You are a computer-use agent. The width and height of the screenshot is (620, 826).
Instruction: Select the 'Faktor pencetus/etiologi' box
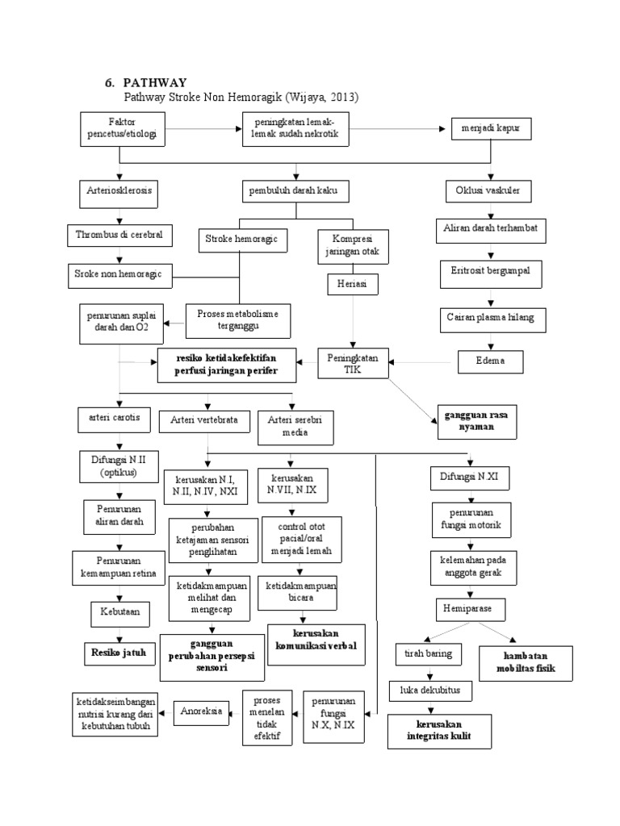[123, 130]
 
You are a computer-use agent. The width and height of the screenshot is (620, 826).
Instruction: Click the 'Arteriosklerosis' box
[119, 194]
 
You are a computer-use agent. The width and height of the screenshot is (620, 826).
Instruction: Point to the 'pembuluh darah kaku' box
[295, 194]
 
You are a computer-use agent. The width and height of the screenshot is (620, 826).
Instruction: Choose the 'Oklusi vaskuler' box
[482, 194]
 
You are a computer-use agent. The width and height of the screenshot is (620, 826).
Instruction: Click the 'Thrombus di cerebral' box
[119, 235]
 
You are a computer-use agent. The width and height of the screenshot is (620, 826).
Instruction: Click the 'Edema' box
[490, 361]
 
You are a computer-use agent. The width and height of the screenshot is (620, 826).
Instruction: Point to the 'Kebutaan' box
[119, 612]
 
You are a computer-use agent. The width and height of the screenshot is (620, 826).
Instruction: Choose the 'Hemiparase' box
[470, 609]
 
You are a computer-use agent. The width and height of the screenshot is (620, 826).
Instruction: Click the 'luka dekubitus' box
[429, 690]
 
